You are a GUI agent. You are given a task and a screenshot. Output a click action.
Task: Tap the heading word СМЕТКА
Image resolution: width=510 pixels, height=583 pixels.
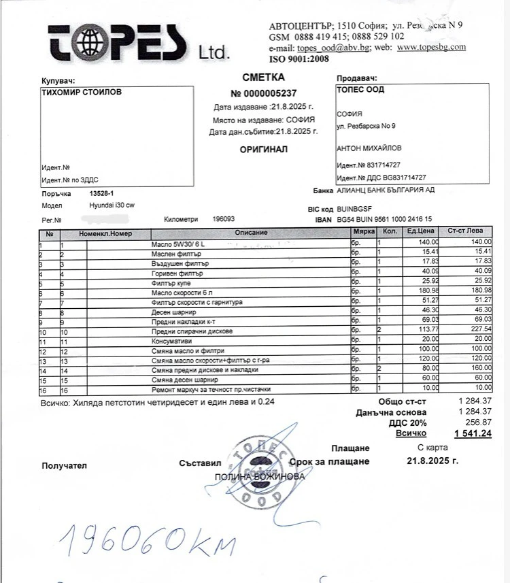(x=263, y=78)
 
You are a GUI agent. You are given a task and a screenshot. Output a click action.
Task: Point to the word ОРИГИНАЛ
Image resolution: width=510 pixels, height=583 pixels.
(x=263, y=149)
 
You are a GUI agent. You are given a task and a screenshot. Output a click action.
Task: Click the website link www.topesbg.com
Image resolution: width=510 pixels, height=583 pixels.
(x=431, y=47)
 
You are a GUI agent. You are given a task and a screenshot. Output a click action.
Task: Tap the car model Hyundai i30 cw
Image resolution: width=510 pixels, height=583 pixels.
(x=112, y=205)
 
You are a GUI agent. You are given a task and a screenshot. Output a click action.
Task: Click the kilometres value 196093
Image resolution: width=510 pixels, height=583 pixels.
(x=224, y=219)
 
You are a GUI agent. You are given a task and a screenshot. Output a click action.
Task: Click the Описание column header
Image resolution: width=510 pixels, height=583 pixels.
(x=251, y=233)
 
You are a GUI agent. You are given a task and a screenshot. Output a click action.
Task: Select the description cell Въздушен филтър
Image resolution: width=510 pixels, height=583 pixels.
(x=180, y=263)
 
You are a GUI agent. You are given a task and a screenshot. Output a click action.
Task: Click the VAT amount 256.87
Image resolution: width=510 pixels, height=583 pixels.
(x=476, y=422)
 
